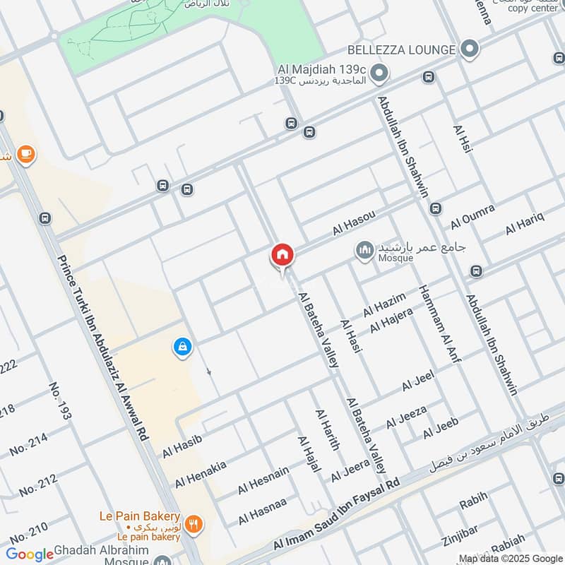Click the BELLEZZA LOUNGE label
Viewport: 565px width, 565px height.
(401, 50)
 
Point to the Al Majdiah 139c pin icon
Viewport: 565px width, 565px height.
(379, 73)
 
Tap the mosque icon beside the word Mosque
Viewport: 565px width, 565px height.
(364, 251)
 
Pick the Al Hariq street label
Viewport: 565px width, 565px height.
(524, 223)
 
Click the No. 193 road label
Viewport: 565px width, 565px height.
(60, 400)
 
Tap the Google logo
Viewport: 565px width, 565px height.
(30, 554)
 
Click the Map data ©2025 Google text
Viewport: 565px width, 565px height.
(511, 558)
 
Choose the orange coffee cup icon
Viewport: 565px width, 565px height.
(25, 154)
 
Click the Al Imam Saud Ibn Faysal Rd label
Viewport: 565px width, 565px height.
(337, 513)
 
